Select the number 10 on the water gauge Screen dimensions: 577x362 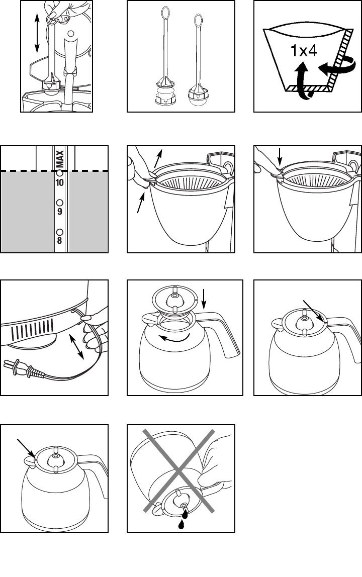click(x=59, y=183)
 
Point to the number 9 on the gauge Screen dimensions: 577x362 click(x=59, y=211)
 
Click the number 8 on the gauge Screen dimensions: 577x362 click(x=59, y=240)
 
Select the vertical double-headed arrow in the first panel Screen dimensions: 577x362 click(x=37, y=34)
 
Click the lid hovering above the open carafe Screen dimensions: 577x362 click(x=174, y=302)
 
